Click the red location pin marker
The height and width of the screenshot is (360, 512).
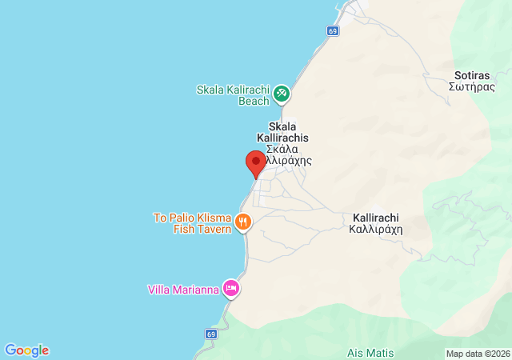click(255, 163)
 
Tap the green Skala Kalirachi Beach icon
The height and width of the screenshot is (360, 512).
click(282, 94)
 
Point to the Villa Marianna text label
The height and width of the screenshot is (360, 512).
click(183, 290)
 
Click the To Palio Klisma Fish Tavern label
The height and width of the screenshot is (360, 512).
click(192, 223)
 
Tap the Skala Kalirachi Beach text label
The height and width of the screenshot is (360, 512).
click(233, 95)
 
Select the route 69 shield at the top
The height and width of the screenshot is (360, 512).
click(333, 30)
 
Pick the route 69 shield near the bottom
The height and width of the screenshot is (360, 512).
click(211, 334)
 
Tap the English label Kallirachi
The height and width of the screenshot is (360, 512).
click(376, 217)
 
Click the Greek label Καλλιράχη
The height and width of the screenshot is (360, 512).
click(376, 228)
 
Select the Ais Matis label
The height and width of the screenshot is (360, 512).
click(371, 352)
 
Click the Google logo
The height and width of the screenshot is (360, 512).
click(26, 350)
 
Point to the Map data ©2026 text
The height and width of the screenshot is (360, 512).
click(477, 354)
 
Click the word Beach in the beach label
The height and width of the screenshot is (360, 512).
click(254, 101)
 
